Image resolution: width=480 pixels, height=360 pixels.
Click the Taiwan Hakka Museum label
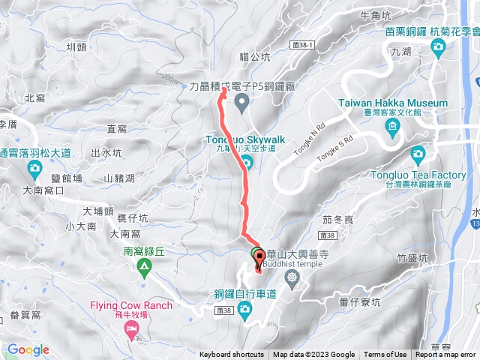[393, 103]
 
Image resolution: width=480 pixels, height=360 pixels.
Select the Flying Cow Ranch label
[131, 305]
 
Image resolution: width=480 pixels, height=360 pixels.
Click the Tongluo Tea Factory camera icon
[418, 155]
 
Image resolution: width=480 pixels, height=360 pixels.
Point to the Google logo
[28, 349]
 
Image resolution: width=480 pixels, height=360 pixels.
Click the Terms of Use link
[385, 355]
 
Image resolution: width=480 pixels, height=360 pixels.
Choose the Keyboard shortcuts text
[231, 355]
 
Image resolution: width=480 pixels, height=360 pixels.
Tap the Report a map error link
[445, 355]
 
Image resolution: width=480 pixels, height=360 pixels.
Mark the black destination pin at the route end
[259, 262]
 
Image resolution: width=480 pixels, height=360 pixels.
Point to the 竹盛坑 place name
[412, 258]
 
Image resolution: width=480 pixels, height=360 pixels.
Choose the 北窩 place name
[35, 98]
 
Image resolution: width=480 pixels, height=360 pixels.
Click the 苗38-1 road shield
[302, 45]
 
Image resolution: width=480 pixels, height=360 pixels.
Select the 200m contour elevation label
[171, 79]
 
